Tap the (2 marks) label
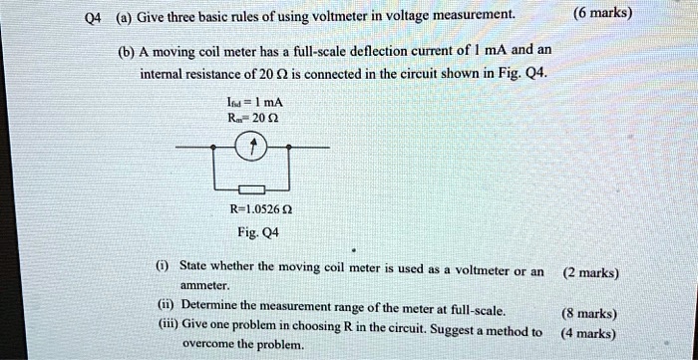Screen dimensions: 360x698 point(590,272)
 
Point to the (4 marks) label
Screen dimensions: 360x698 point(588,334)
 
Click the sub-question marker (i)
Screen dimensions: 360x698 point(164,268)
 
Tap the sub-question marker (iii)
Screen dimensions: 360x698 point(167,325)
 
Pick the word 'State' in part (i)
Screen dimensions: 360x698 point(198,268)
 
